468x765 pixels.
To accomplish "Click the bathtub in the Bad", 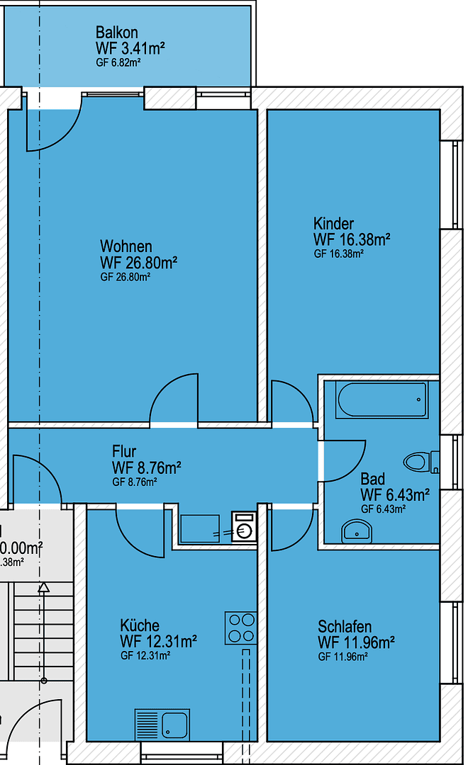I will click(383, 400).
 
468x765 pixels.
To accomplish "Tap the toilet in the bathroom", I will click(420, 463).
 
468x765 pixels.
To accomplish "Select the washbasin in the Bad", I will click(357, 531).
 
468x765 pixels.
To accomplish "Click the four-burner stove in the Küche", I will click(240, 628).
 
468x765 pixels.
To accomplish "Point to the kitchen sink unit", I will click(162, 725).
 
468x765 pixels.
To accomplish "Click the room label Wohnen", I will click(126, 246).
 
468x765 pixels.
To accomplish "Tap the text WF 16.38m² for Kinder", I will click(352, 239).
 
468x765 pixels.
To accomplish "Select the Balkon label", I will click(116, 33).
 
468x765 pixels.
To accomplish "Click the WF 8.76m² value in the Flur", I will click(146, 467).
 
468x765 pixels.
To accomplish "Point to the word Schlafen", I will click(345, 628).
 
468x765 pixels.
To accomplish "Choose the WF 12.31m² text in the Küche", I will click(158, 642).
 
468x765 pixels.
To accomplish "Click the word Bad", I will click(372, 479).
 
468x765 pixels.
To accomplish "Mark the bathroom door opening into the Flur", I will click(344, 460).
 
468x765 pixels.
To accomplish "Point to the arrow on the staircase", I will click(44, 587).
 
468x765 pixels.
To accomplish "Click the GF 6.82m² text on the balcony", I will click(117, 62).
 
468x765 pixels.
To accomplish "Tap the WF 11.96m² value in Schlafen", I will click(356, 643).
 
